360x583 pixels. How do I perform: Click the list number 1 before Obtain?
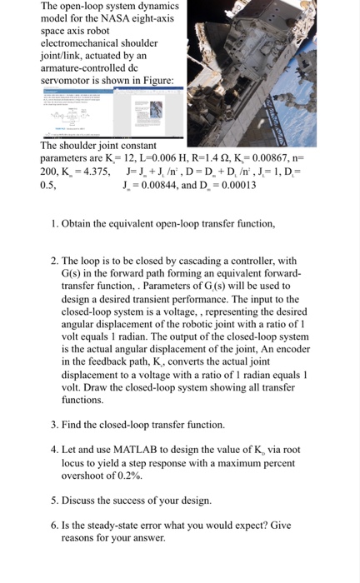(x=54, y=225)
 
